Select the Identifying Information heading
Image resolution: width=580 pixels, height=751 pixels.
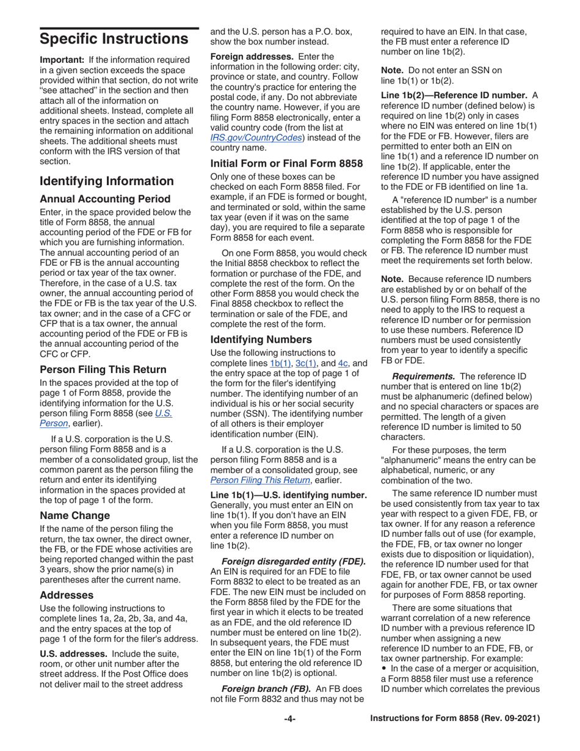pyautogui.click(x=106, y=181)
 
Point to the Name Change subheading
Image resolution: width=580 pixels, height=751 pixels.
pyautogui.click(x=74, y=515)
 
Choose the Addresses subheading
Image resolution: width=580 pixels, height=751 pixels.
pyautogui.click(x=66, y=594)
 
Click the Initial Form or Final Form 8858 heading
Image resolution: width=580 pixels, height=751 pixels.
pyautogui.click(x=287, y=163)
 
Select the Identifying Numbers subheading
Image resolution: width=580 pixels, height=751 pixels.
pyautogui.click(x=261, y=339)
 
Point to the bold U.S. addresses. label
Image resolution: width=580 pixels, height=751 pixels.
pyautogui.click(x=77, y=655)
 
